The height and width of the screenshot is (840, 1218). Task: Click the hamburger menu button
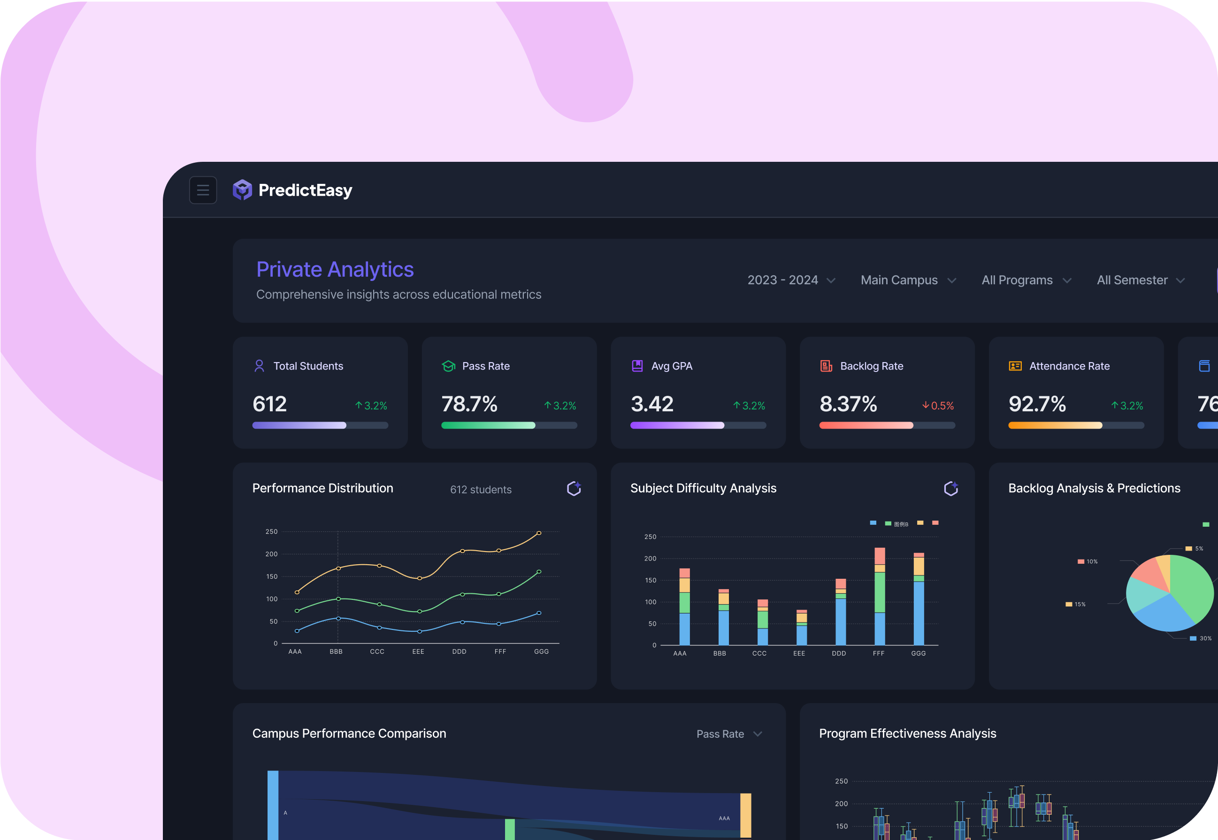(203, 190)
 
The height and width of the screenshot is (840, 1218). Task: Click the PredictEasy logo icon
(242, 190)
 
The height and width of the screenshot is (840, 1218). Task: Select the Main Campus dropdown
(908, 280)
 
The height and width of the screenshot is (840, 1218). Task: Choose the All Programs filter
(1026, 280)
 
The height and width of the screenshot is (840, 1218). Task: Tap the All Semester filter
(1140, 280)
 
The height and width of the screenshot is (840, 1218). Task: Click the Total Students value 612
(269, 404)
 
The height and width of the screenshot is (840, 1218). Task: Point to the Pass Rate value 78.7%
(469, 404)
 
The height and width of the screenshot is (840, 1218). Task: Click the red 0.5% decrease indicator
(938, 406)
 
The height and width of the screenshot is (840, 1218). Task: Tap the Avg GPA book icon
(637, 366)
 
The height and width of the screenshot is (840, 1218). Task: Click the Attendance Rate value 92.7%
(1037, 404)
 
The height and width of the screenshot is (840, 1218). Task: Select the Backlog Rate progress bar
(887, 425)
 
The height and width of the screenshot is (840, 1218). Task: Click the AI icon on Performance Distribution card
(574, 488)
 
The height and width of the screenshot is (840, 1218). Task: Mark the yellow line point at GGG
(539, 533)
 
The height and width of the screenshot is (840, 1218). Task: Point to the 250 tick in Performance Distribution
(271, 531)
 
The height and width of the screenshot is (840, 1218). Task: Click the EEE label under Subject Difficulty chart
(799, 653)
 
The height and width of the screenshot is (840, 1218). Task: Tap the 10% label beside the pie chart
(1092, 561)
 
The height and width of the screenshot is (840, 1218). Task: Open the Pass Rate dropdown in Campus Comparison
(729, 734)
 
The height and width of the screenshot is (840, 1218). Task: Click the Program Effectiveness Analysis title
(907, 733)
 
